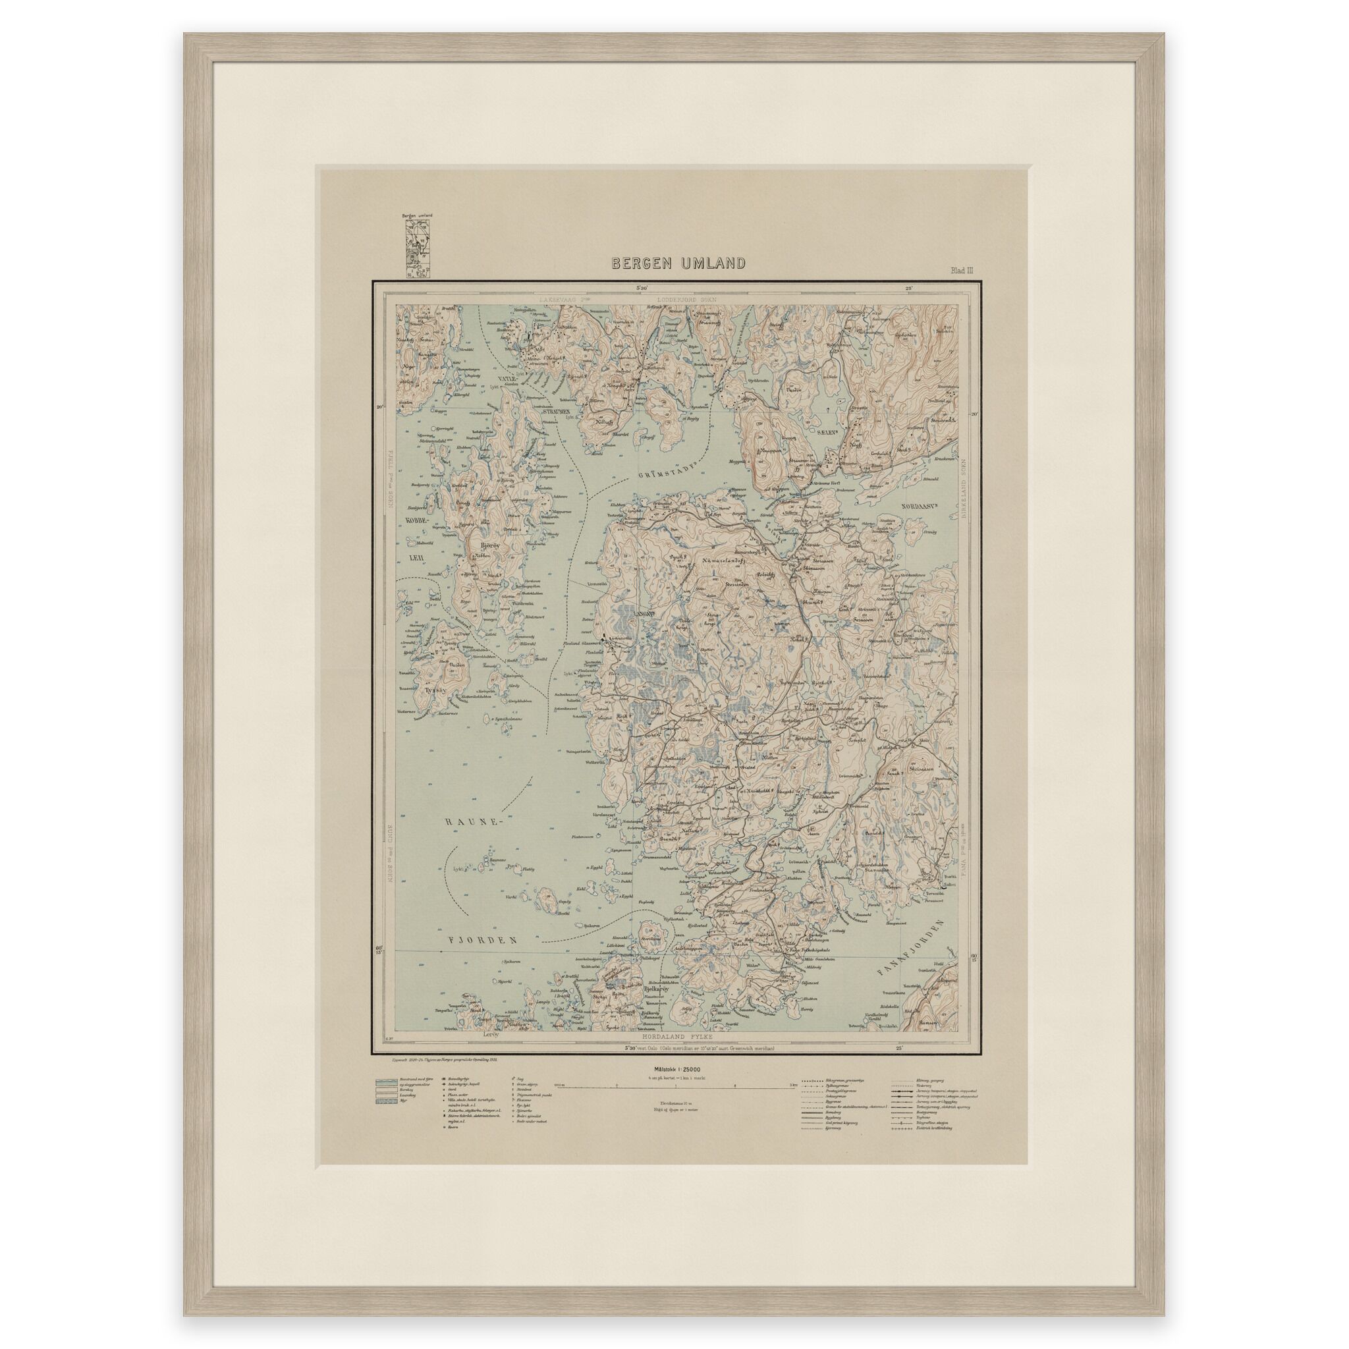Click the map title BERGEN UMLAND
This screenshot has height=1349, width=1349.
coord(678,263)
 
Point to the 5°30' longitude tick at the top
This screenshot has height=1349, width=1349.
coord(642,288)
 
